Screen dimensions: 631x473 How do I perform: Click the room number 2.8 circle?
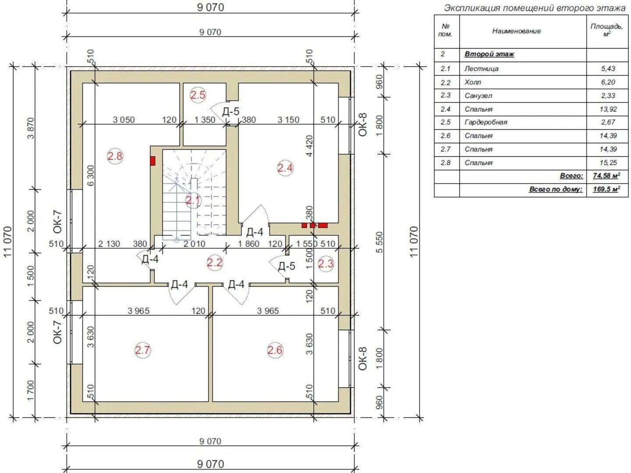[x=115, y=156]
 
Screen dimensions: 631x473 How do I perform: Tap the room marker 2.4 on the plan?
[x=285, y=168]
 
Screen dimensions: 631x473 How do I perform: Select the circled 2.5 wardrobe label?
[x=198, y=95]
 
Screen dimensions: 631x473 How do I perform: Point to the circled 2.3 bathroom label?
[x=326, y=263]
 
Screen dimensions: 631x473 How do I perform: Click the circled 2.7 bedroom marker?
[x=142, y=350]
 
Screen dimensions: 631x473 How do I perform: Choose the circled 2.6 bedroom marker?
[x=275, y=350]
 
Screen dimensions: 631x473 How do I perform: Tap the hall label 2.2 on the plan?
[x=215, y=262]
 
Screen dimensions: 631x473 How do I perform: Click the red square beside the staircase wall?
[x=152, y=161]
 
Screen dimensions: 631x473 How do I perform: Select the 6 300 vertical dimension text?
[x=90, y=175]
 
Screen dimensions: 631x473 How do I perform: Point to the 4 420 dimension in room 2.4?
[x=309, y=146]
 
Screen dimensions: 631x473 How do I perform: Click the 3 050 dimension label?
[x=124, y=120]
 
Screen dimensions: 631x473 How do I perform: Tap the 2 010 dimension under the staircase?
[x=194, y=244]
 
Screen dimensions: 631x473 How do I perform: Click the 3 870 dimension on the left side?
[x=31, y=128]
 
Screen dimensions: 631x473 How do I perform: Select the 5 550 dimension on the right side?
[x=379, y=242]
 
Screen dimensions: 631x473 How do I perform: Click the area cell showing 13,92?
[x=608, y=109]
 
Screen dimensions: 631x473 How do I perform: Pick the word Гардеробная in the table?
[x=486, y=122]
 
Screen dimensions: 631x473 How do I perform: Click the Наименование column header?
[x=516, y=31]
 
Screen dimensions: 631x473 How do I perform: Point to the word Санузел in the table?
[x=479, y=95]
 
